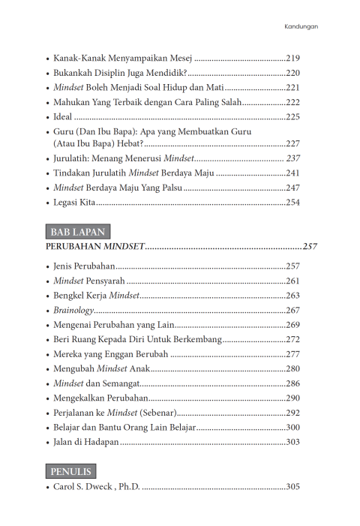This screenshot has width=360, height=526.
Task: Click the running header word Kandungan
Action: pos(301,26)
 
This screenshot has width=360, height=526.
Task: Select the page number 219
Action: pos(292,58)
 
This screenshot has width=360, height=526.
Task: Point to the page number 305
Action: pos(292,487)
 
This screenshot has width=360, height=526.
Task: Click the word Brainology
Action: pos(73,310)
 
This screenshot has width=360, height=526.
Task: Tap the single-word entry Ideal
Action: pos(64,116)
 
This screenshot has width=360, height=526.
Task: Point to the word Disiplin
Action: pos(113,73)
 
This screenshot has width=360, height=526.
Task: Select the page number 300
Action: pos(292,427)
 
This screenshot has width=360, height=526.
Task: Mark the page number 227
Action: pos(292,143)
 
